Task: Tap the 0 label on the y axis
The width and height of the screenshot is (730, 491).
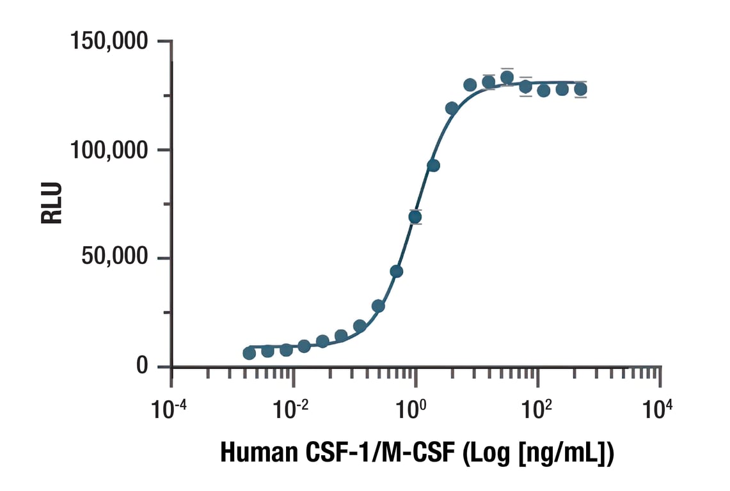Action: click(x=142, y=366)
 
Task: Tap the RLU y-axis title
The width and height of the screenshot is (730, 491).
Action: click(x=52, y=203)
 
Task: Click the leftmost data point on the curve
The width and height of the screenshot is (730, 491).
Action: click(x=250, y=353)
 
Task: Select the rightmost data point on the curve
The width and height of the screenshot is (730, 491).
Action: click(x=580, y=90)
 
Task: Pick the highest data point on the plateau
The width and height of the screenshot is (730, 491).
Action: click(x=507, y=78)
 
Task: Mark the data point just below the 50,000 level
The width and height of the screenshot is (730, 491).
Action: click(x=397, y=271)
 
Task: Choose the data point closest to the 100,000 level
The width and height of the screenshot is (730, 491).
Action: click(x=433, y=166)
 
